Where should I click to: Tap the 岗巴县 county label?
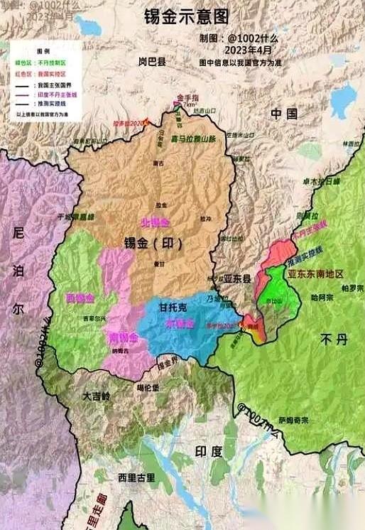point(152,62)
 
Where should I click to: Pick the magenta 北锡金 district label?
point(155,222)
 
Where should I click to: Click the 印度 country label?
point(209,451)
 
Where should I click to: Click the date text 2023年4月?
point(249,50)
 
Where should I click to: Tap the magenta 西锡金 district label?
point(80,296)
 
